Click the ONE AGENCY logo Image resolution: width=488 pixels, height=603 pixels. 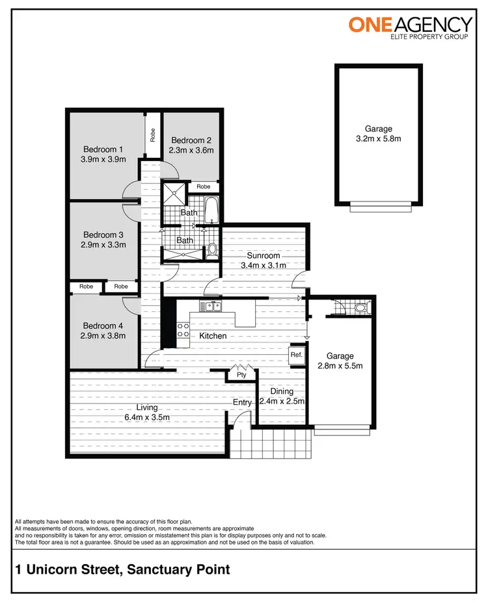[410, 29]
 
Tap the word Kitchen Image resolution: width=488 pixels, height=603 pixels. [213, 336]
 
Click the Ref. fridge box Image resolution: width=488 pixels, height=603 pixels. [297, 355]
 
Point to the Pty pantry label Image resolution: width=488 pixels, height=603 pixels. [241, 375]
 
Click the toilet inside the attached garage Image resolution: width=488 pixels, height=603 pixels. [361, 307]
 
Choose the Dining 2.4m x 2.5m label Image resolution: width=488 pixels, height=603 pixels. [282, 396]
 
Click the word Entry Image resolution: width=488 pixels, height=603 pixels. [243, 403]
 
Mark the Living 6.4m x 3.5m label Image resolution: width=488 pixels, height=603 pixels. [148, 413]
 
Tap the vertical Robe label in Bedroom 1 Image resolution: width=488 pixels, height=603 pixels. [153, 135]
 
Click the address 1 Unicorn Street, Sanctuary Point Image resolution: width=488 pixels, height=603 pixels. [122, 570]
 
